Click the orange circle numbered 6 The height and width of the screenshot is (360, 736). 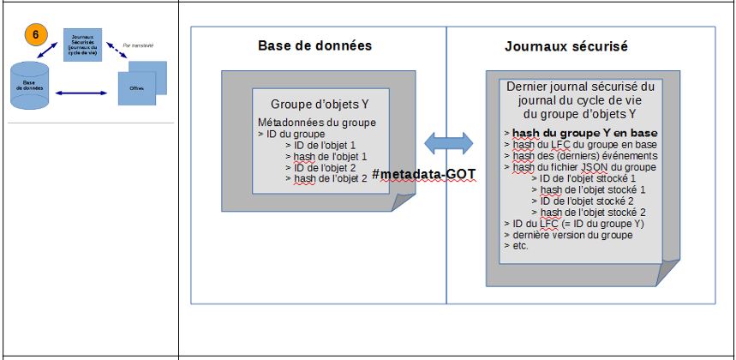click(35, 35)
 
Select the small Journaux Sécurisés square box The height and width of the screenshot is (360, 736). click(83, 44)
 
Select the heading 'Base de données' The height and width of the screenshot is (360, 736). click(315, 45)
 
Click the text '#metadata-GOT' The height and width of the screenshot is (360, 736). click(424, 175)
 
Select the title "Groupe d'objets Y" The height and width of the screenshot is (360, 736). click(314, 105)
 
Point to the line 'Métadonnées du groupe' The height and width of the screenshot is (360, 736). click(317, 123)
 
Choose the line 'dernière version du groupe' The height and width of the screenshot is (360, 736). click(571, 234)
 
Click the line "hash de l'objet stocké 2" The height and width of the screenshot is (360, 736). click(593, 211)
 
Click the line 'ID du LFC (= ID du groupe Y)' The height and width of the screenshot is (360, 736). click(575, 223)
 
